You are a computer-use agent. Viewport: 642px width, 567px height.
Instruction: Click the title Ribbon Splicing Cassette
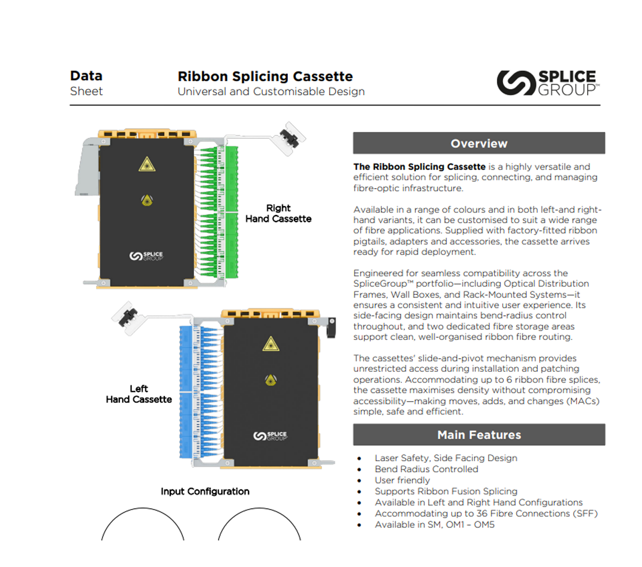[x=265, y=76]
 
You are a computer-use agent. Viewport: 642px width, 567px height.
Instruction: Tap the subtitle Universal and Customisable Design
[x=271, y=92]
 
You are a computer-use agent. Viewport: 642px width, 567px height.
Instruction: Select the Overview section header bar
[x=479, y=144]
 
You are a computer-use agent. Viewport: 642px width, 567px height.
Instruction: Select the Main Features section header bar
[x=479, y=435]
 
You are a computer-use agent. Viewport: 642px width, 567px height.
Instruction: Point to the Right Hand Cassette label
[x=278, y=214]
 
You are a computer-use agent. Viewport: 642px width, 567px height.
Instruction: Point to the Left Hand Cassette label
[x=139, y=394]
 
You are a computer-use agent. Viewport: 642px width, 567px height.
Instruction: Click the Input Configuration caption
[x=205, y=492]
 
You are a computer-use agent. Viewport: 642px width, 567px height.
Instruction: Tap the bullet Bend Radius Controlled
[x=426, y=469]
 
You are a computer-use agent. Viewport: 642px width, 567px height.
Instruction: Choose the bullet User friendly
[x=402, y=480]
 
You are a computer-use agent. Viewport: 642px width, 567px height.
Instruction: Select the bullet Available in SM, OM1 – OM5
[x=434, y=525]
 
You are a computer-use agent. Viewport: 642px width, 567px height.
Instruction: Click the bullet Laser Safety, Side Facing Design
[x=446, y=458]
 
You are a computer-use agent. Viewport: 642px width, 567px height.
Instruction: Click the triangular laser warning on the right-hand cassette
[x=146, y=164]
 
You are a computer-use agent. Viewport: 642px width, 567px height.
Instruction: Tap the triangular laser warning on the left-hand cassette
[x=271, y=344]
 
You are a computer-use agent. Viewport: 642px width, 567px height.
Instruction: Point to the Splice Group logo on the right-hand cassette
[x=146, y=256]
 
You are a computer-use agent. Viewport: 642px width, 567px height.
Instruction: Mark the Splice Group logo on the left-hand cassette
[x=270, y=436]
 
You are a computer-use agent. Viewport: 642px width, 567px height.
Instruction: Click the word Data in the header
[x=86, y=76]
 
